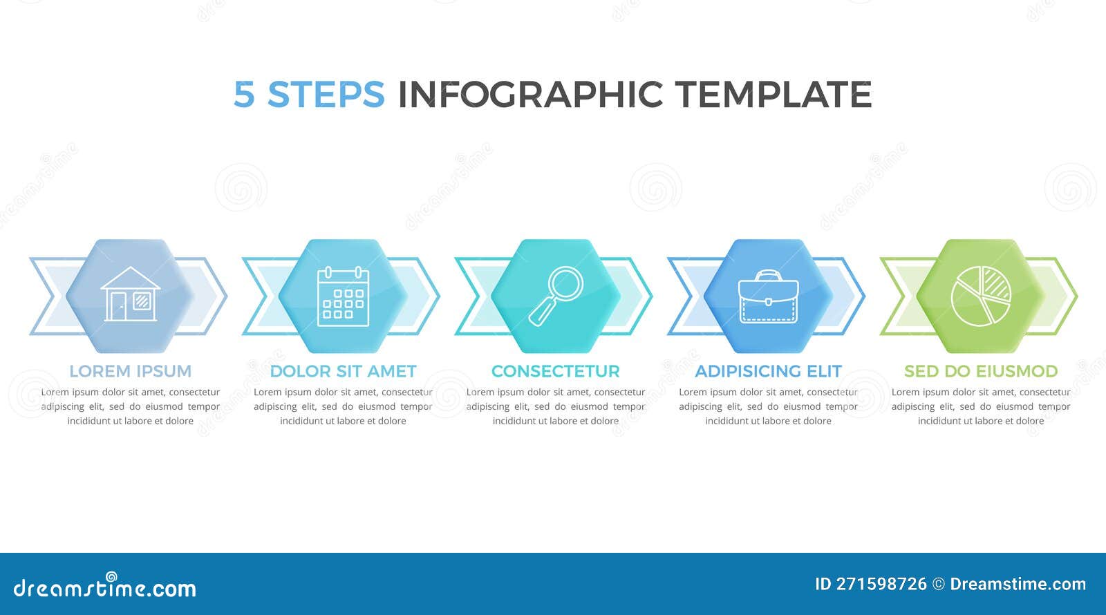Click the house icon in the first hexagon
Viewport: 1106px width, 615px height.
click(x=130, y=295)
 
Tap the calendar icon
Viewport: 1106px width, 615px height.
click(x=343, y=296)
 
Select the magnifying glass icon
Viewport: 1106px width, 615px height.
click(x=555, y=296)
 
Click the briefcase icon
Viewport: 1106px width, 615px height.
click(x=768, y=298)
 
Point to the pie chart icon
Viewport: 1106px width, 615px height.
click(x=981, y=296)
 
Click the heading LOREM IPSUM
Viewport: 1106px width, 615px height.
click(x=130, y=371)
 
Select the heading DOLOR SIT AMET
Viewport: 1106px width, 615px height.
click(x=343, y=371)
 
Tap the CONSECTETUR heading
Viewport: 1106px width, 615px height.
click(x=555, y=371)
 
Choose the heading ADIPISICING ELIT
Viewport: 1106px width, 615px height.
click(x=768, y=371)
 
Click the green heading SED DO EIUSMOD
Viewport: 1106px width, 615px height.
click(x=981, y=371)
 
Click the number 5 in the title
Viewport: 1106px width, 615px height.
click(x=243, y=95)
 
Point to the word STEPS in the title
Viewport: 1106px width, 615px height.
click(x=326, y=95)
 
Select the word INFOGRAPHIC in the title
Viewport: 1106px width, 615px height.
click(x=530, y=95)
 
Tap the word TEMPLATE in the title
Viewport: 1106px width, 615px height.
click(x=773, y=95)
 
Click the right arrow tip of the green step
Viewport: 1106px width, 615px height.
click(x=1068, y=296)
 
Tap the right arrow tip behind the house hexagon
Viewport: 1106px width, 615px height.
click(x=218, y=296)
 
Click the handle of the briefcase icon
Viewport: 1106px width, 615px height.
click(x=768, y=275)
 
